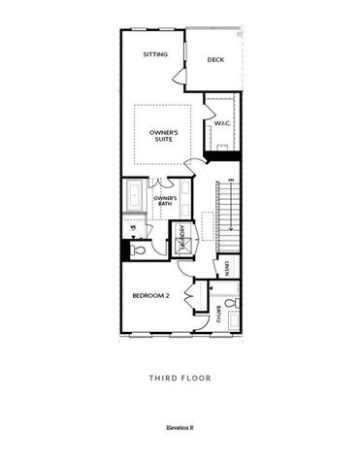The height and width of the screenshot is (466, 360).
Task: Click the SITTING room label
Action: pyautogui.click(x=154, y=55)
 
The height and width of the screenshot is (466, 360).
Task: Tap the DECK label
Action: pyautogui.click(x=216, y=59)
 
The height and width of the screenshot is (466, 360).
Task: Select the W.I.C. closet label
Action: pyautogui.click(x=221, y=123)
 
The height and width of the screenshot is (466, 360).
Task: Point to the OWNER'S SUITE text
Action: pyautogui.click(x=162, y=134)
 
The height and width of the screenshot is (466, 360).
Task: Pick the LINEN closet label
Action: pyautogui.click(x=226, y=266)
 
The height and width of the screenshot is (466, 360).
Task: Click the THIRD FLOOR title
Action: pyautogui.click(x=180, y=378)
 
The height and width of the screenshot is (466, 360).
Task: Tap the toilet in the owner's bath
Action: pyautogui.click(x=138, y=250)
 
